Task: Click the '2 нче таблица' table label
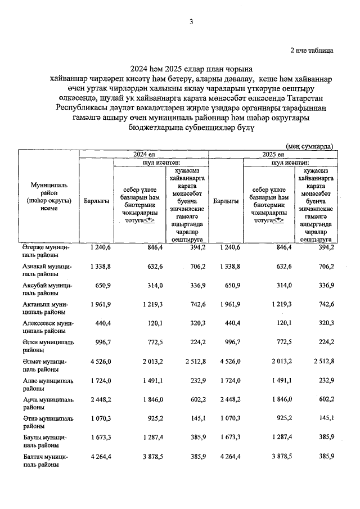311,50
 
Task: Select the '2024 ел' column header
143,154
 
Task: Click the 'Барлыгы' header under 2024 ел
96,201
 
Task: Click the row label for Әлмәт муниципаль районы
48,366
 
